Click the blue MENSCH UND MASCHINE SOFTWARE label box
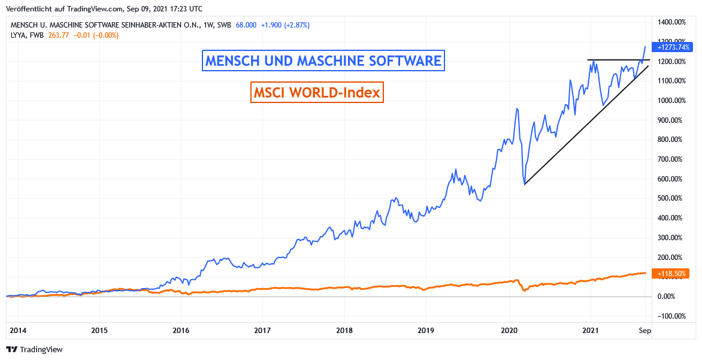coord(323,60)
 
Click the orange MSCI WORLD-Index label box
coord(317,93)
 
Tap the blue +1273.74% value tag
coord(674,47)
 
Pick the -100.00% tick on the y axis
coord(672,316)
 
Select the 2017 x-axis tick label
coord(262,330)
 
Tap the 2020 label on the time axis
coord(509,330)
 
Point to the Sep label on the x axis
coord(644,330)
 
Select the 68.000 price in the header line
coord(246,25)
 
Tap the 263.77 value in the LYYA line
coord(60,35)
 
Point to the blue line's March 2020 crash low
coord(525,183)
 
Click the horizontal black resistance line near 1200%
coord(617,60)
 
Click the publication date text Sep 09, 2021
coord(155,9)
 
